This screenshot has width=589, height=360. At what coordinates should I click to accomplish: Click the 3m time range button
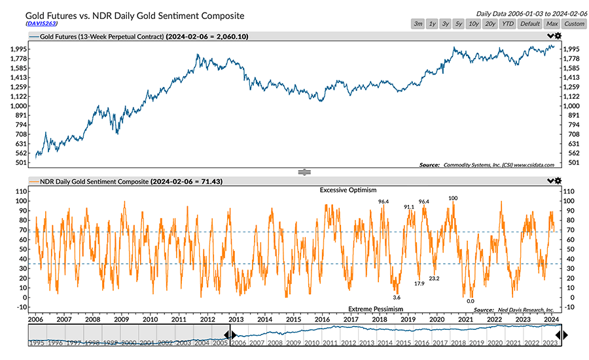point(418,24)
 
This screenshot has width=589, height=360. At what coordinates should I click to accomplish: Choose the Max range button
point(551,24)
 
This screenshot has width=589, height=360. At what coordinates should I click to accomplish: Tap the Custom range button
point(574,24)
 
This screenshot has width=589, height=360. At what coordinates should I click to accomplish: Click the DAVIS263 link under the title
point(41,23)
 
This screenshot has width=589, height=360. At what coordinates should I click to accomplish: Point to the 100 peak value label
point(453,197)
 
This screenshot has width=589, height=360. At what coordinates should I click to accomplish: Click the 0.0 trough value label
point(470,301)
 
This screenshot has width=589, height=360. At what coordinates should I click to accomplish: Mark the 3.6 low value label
point(396,297)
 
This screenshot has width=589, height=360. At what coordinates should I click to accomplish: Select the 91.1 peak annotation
point(409,207)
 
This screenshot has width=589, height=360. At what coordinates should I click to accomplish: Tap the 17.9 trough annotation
point(419,283)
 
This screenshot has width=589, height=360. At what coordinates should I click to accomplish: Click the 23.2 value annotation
point(433,278)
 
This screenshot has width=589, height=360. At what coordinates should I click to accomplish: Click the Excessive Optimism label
point(348,190)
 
